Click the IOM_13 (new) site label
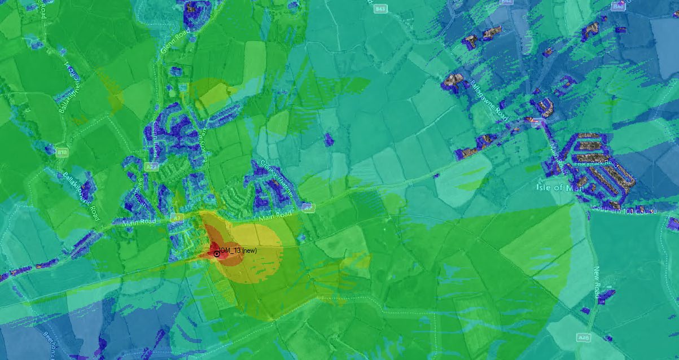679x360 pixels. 238,249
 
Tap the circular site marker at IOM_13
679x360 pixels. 217,254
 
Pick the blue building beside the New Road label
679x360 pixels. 606,297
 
